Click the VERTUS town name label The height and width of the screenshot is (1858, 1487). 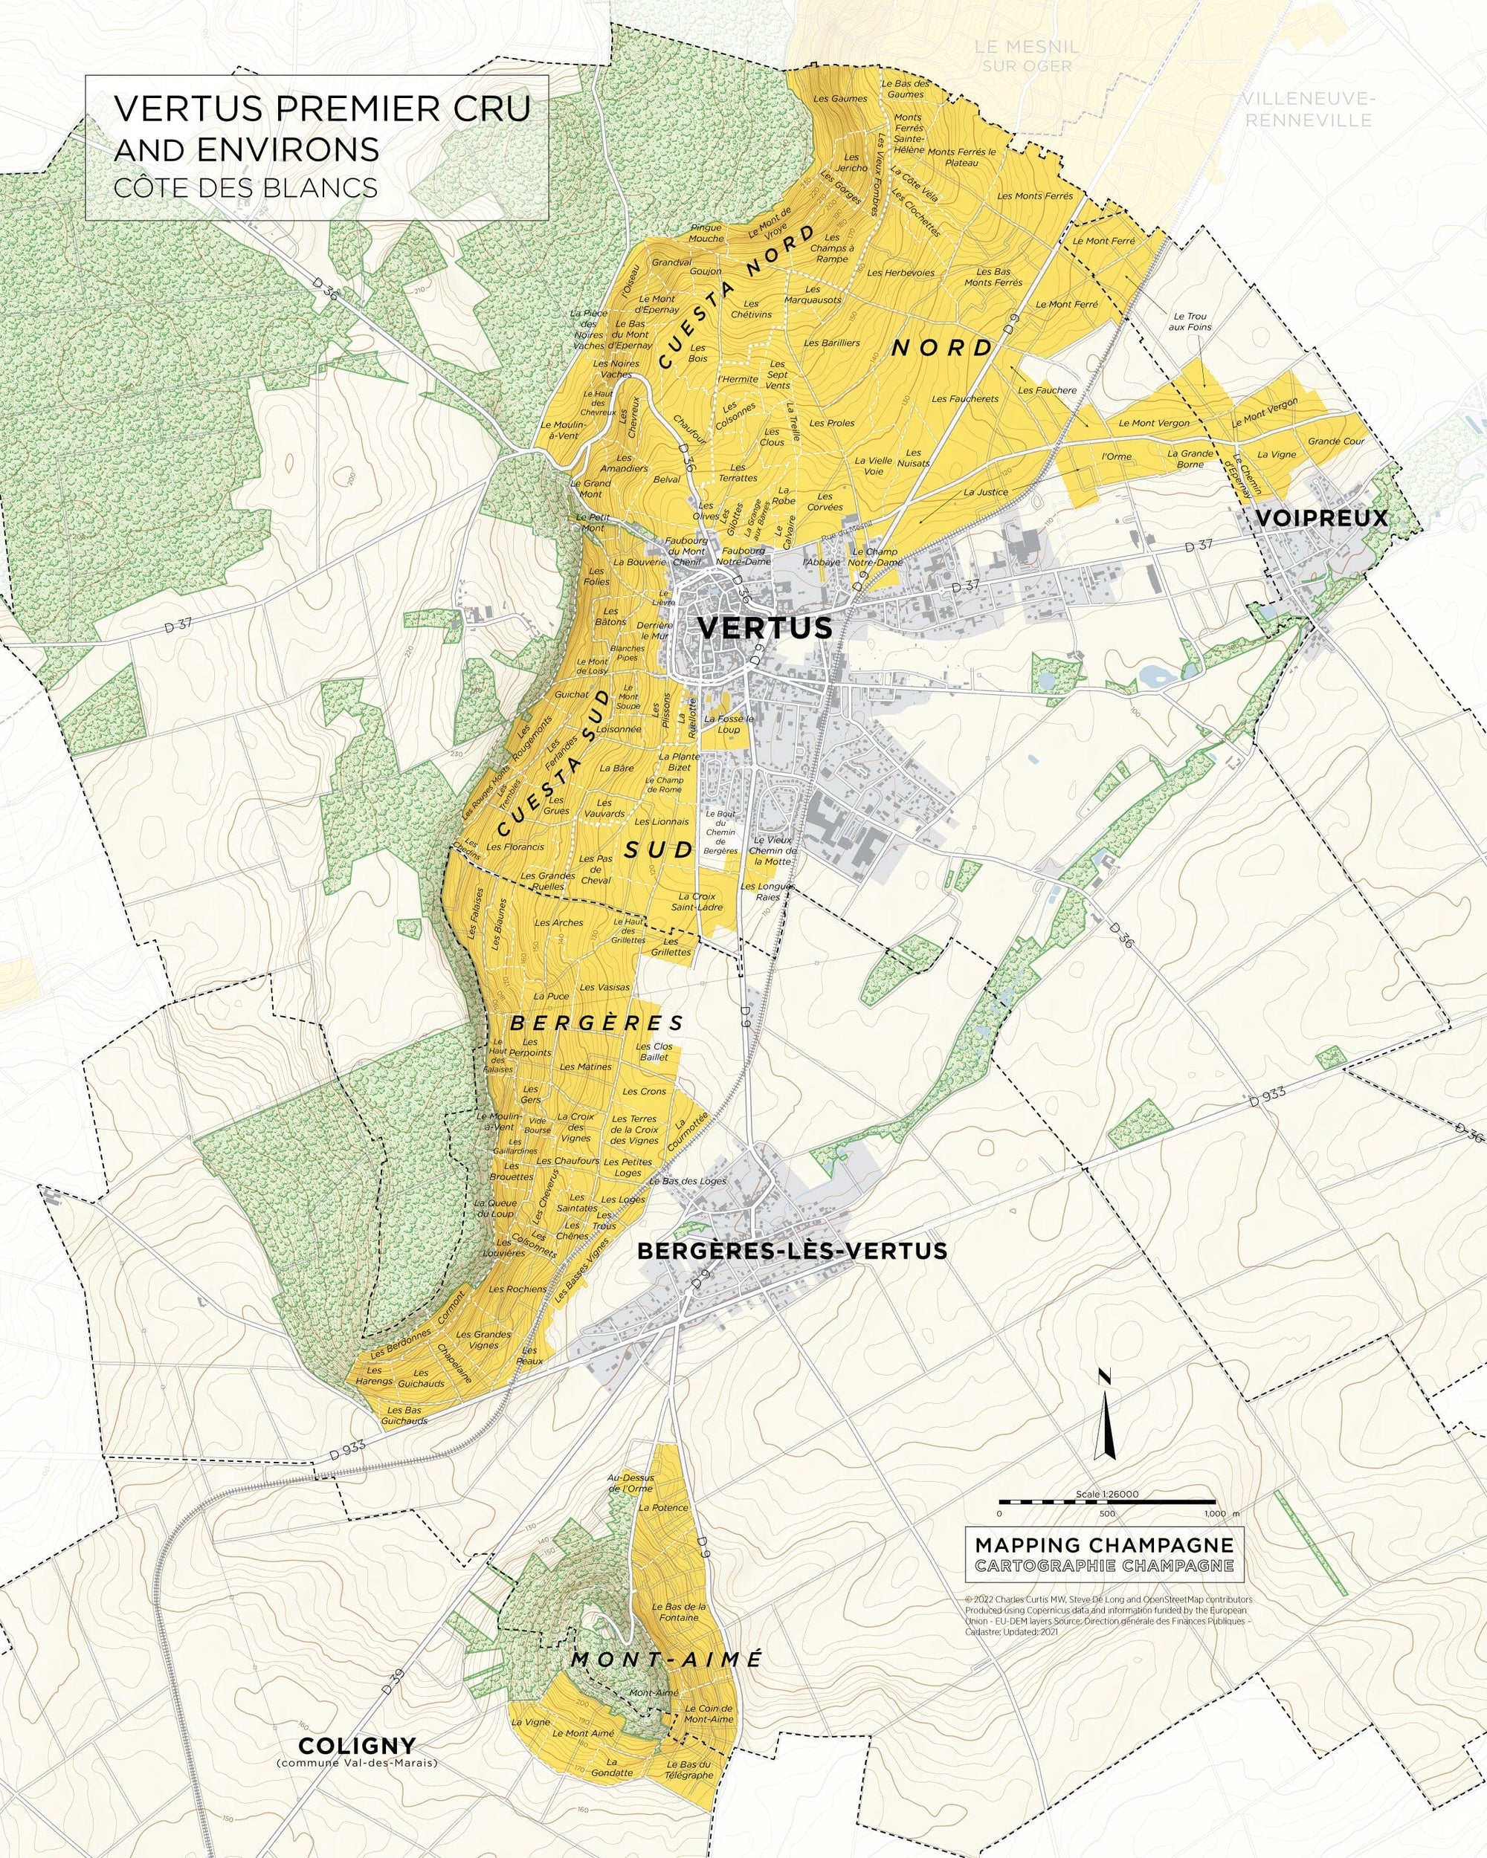(x=764, y=627)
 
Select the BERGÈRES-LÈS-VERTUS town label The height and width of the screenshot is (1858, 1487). (x=791, y=1251)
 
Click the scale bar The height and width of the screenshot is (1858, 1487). (x=1107, y=1502)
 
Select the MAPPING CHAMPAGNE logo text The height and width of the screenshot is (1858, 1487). (x=1104, y=1545)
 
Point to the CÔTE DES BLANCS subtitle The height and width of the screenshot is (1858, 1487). (x=245, y=188)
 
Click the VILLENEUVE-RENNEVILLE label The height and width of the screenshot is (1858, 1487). (x=1308, y=109)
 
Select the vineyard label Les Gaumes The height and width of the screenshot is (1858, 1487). (x=840, y=98)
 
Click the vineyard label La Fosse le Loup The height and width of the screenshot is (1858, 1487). (x=729, y=724)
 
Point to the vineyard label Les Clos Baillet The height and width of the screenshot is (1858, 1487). (x=654, y=1052)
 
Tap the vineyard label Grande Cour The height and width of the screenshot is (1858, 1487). (x=1336, y=441)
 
